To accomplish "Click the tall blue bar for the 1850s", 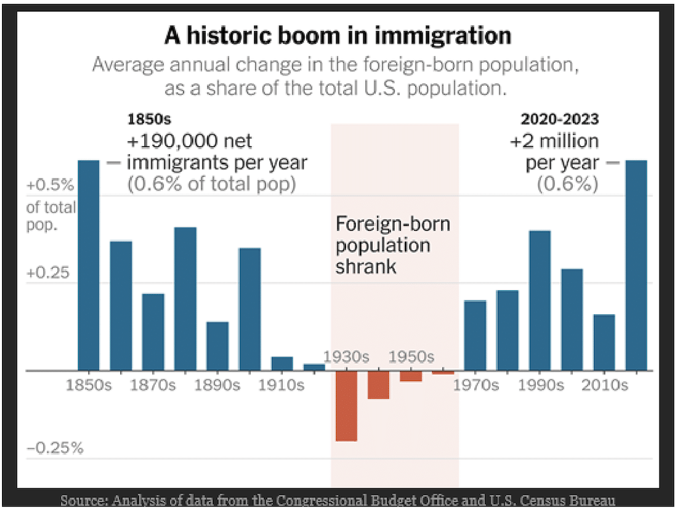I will [89, 265].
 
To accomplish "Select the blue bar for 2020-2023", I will [636, 265].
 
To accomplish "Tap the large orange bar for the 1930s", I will [346, 405].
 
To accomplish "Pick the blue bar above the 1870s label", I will [153, 331].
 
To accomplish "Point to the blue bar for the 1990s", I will [540, 300].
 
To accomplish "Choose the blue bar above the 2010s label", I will [604, 342].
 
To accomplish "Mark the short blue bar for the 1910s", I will [282, 363].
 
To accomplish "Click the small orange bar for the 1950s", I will [411, 376].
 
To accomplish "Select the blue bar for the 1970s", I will [475, 335].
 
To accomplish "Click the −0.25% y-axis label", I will [55, 448].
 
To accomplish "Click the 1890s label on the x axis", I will [217, 385].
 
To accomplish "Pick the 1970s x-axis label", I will [476, 385].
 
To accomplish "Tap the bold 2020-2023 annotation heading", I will [560, 120].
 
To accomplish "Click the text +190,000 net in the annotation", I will [189, 142].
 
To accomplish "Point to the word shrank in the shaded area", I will [366, 267].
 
